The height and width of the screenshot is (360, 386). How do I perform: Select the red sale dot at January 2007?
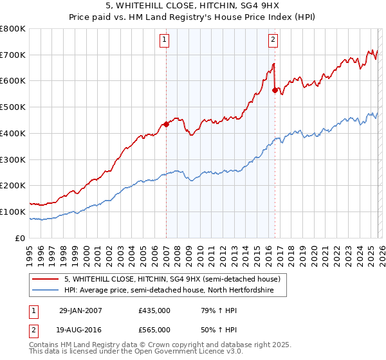pos(166,124)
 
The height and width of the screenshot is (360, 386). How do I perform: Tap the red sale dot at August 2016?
pos(275,90)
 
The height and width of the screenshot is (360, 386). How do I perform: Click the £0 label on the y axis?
pos(21,238)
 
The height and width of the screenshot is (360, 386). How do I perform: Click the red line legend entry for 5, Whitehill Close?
pos(172,280)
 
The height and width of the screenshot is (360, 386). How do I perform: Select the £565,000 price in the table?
pos(154,328)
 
